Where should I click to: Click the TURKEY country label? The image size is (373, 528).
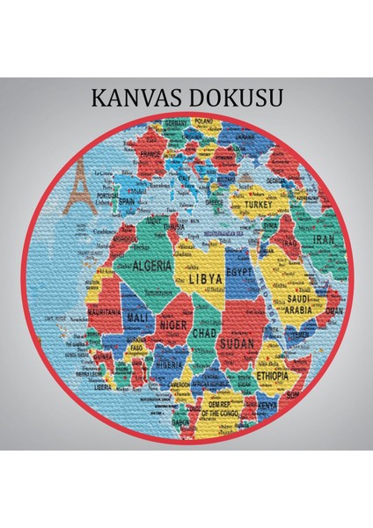[260, 204]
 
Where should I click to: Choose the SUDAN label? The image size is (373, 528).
[238, 342]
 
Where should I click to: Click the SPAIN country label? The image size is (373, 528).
[128, 201]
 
